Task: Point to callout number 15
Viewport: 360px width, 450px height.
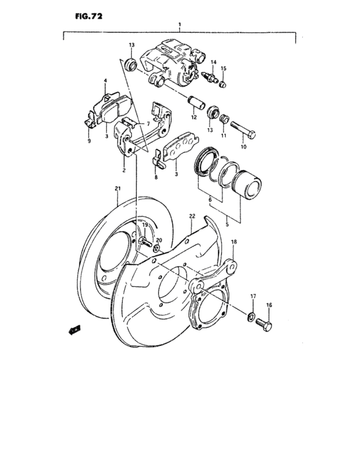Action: (224, 68)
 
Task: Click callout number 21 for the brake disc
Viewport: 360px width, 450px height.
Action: (118, 188)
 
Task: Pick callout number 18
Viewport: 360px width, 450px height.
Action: (234, 242)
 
